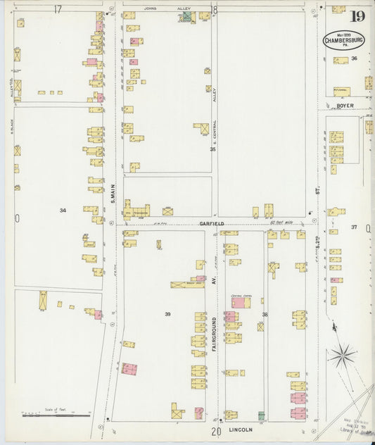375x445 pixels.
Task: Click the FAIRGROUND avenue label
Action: tap(214, 336)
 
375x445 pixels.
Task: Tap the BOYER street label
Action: tap(344, 106)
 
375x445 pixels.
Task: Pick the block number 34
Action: tap(63, 210)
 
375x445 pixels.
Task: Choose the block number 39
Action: tap(167, 313)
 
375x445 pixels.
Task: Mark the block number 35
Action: tap(211, 149)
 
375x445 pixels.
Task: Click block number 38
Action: tap(265, 314)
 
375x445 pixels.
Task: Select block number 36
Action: tap(355, 58)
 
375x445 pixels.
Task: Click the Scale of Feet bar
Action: tap(56, 415)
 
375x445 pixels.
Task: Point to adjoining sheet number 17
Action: tap(58, 9)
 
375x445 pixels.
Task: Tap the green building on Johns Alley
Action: tap(186, 15)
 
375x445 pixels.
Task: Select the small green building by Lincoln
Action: tap(261, 415)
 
